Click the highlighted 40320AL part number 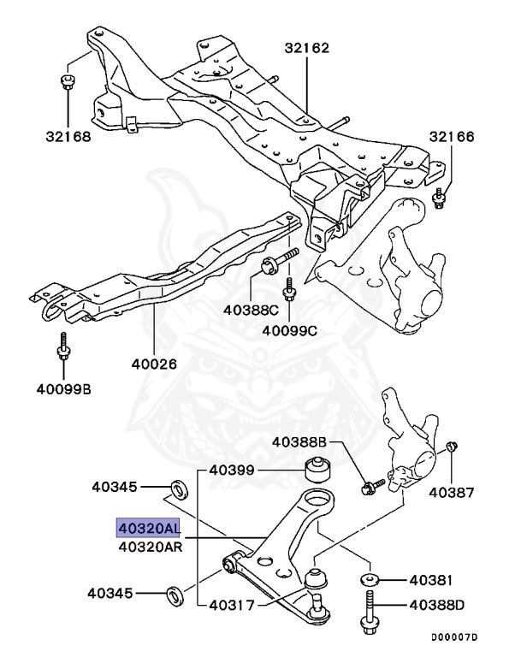(149, 529)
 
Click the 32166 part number (451, 137)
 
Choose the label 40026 (154, 363)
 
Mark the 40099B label (63, 390)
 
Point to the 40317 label (234, 607)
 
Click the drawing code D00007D (453, 637)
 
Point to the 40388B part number (300, 442)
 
